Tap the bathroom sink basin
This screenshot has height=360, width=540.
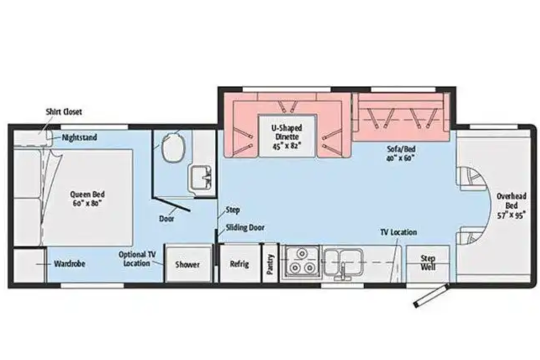click(x=201, y=178)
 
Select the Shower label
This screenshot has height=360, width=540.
click(x=187, y=264)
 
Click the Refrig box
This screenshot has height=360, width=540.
click(x=240, y=263)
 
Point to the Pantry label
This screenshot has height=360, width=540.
click(x=270, y=264)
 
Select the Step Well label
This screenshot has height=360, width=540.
click(x=428, y=263)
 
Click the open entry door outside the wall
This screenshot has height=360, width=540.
click(x=431, y=296)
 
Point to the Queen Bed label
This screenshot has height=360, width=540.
click(x=87, y=199)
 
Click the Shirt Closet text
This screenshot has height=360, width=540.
click(x=64, y=112)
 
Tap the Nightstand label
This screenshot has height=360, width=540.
click(x=79, y=137)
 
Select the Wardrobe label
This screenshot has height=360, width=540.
click(x=69, y=264)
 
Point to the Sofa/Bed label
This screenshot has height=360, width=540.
click(x=401, y=153)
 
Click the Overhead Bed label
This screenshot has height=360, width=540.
click(x=511, y=205)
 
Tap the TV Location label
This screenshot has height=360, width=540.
click(x=399, y=232)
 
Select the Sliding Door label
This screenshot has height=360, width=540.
click(x=245, y=228)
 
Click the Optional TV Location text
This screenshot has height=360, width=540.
click(x=137, y=259)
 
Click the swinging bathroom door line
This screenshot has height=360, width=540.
click(x=171, y=204)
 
